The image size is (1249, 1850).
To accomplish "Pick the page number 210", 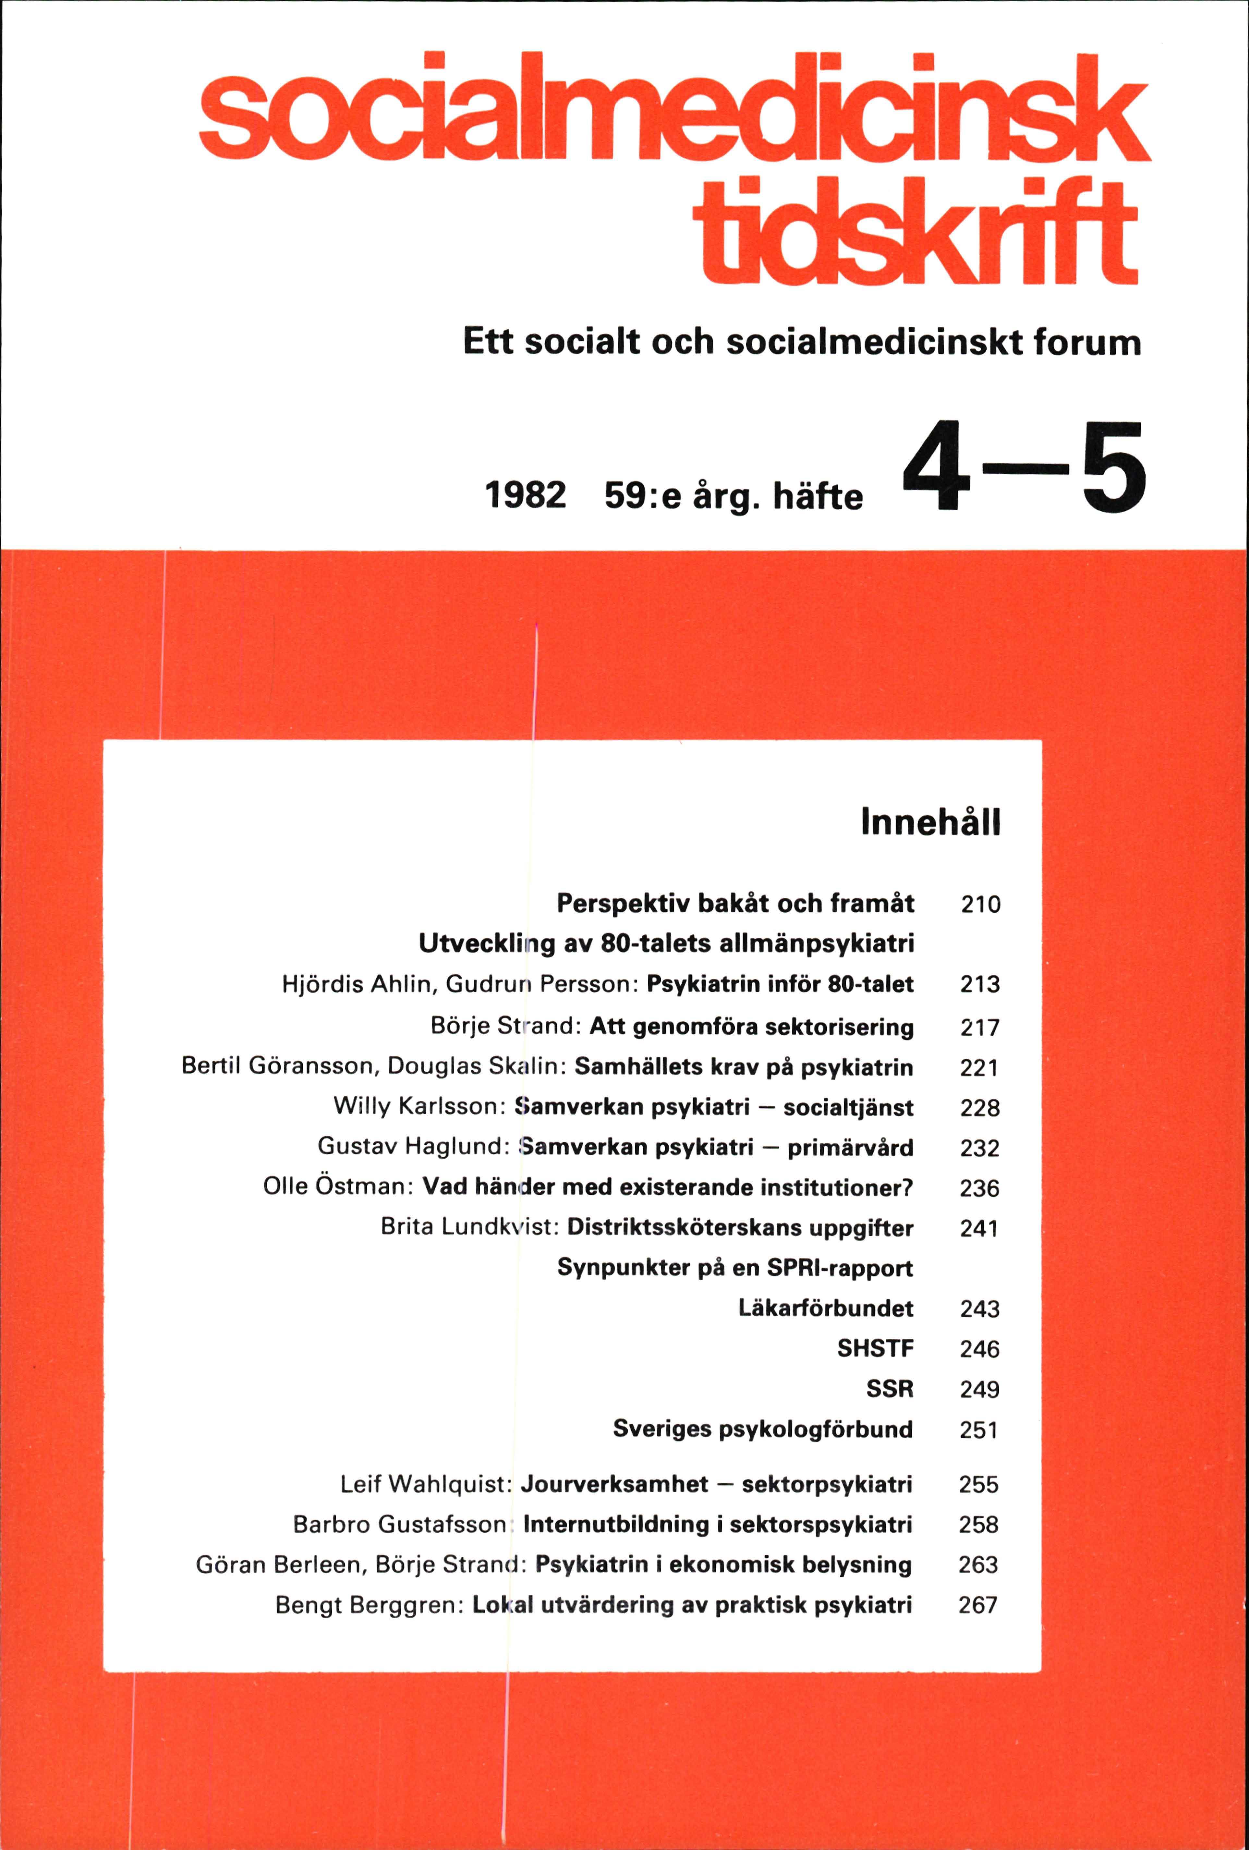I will tap(980, 904).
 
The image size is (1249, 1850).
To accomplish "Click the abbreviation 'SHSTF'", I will tap(875, 1348).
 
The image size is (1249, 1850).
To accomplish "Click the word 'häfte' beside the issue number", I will tap(818, 497).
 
